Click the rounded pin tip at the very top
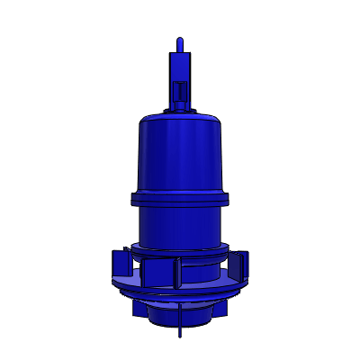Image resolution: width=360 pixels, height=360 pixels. point(180,41)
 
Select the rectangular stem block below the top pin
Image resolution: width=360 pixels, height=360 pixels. point(180,68)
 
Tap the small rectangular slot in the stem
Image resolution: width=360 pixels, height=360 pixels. point(180,91)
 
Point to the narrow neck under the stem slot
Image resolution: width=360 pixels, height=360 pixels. point(180,103)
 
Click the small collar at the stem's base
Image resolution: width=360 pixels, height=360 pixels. point(180,110)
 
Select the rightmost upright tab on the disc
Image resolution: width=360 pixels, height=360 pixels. point(241,262)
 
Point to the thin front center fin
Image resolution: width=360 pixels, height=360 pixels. point(178,273)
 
